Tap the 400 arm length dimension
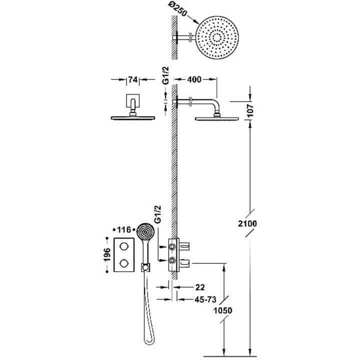coord(195,79)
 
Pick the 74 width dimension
coord(132,79)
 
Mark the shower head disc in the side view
coord(217,118)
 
